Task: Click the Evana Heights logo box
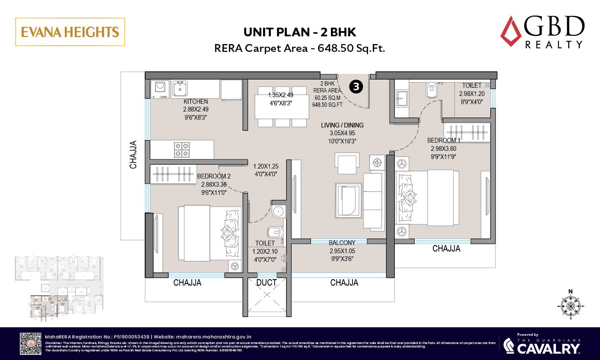pos(70,32)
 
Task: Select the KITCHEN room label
pos(196,102)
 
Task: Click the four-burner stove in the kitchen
pos(182,150)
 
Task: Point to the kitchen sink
pos(179,89)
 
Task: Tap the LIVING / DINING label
pos(342,125)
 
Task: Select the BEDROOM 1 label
pos(444,140)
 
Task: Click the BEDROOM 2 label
pos(214,176)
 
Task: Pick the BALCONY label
pos(342,243)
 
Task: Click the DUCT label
pos(267,283)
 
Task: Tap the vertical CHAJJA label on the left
pos(133,154)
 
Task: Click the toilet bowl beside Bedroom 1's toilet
pos(432,92)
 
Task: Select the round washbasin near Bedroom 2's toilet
pos(278,212)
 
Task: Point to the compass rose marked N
pos(571,306)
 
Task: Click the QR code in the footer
pos(31,343)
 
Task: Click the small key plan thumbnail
pos(58,285)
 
